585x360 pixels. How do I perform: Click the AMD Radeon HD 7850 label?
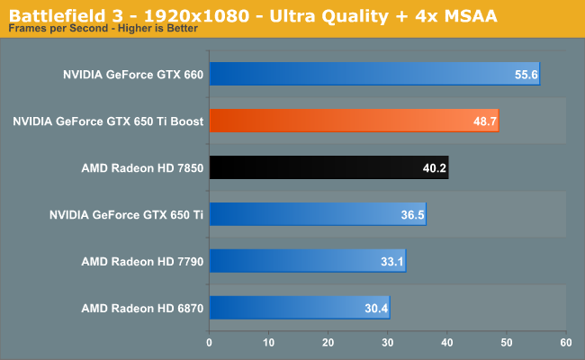click(142, 167)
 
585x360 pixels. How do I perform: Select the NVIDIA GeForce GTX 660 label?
click(133, 74)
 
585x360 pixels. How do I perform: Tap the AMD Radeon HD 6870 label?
click(142, 308)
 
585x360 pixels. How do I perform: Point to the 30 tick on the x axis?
click(388, 342)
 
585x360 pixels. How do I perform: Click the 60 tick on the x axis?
click(565, 342)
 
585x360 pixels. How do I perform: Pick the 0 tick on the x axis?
click(210, 342)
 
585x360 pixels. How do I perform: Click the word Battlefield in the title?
click(52, 13)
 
